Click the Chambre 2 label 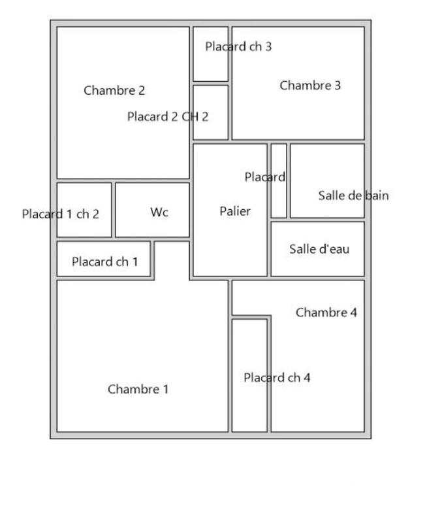114,91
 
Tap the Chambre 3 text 310,86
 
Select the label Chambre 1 138,390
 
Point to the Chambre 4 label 326,312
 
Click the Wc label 159,212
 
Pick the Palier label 235,211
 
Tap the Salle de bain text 353,195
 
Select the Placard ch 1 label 104,262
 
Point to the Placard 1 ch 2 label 61,214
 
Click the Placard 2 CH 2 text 168,117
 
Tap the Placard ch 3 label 238,47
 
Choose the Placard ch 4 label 277,378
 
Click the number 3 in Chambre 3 337,86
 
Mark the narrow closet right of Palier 279,196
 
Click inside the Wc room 152,226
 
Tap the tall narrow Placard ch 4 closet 249,405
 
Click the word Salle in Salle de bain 332,195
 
